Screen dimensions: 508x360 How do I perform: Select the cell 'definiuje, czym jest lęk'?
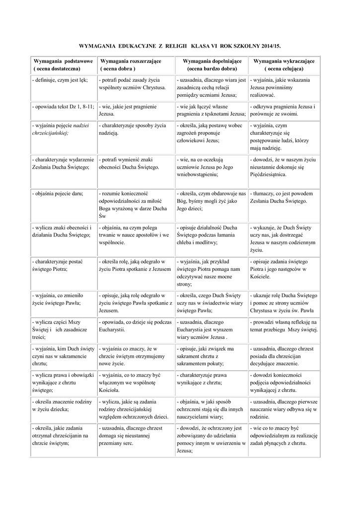[60, 80]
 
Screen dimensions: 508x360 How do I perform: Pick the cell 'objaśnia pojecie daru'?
[57, 193]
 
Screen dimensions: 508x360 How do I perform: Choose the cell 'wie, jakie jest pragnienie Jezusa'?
[128, 110]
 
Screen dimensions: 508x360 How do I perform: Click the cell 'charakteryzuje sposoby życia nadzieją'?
[132, 129]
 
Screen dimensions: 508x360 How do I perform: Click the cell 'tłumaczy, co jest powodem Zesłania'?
[281, 197]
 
